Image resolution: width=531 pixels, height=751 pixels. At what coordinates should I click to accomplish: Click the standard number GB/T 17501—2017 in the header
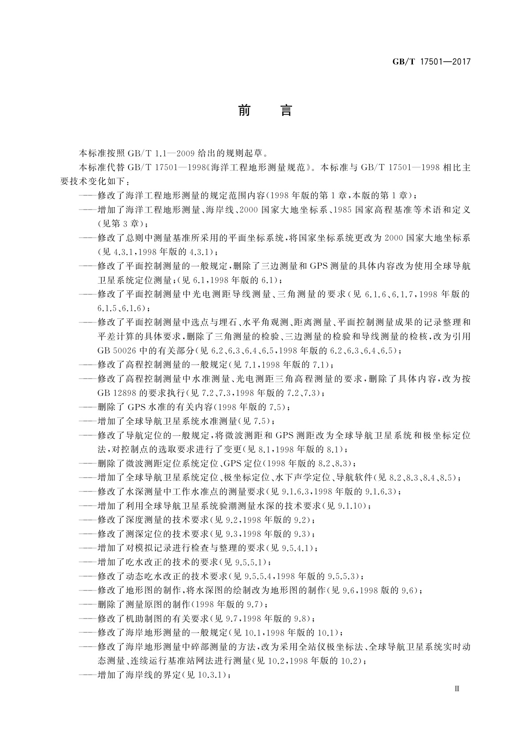[432, 62]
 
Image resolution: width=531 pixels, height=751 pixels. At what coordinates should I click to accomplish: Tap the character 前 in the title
[244, 110]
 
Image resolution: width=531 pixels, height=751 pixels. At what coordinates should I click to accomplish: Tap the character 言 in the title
[286, 110]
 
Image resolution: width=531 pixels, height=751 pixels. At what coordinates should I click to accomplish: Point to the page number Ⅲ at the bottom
[456, 688]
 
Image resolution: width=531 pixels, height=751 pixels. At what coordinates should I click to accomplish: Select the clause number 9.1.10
[352, 505]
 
